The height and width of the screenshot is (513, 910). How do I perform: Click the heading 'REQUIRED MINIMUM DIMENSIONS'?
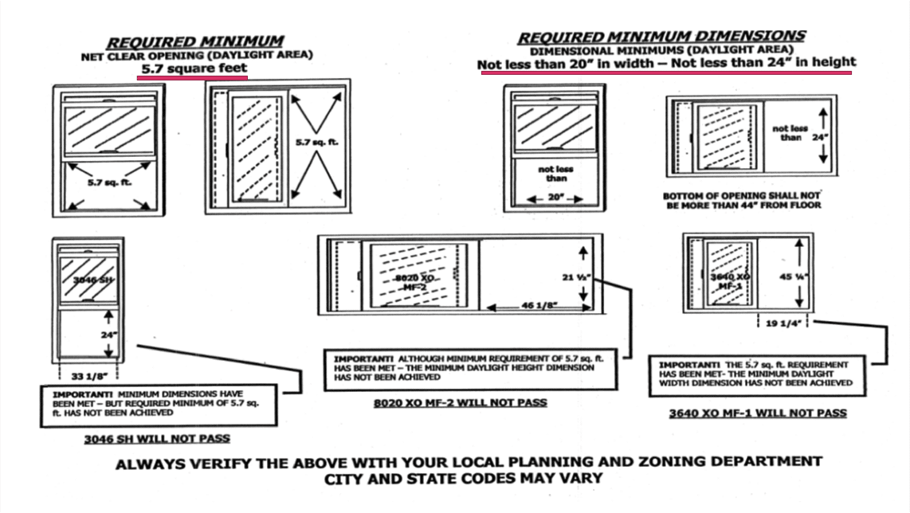coord(661,37)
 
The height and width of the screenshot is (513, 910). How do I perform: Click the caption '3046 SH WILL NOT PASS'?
coord(157,438)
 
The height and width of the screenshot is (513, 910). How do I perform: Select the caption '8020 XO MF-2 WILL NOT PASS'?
coord(461,403)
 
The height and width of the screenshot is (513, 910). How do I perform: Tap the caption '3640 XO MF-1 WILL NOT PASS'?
coord(758,413)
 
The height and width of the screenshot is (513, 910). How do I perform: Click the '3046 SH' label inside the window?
coord(88,280)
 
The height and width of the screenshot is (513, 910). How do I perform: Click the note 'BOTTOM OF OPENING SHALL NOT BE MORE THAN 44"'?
coord(741,200)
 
